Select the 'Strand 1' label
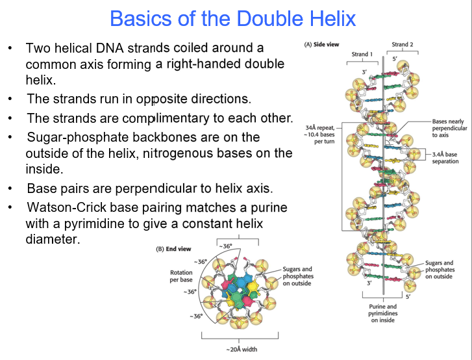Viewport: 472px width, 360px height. pyautogui.click(x=362, y=54)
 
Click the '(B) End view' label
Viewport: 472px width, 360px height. pyautogui.click(x=173, y=249)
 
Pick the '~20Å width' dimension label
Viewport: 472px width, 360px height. pyautogui.click(x=242, y=349)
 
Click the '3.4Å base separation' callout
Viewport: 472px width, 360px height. pyautogui.click(x=446, y=157)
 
